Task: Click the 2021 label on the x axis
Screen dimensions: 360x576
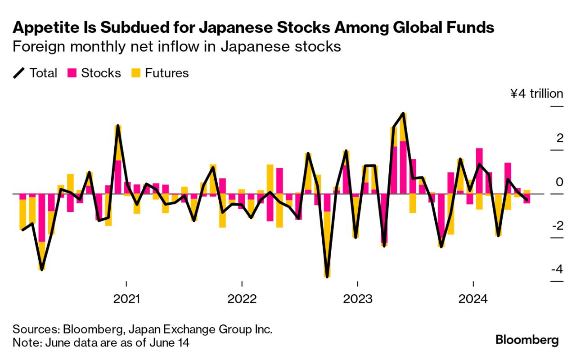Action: (x=126, y=299)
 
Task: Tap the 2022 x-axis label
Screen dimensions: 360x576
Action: (x=242, y=299)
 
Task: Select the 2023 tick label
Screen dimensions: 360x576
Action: (x=357, y=299)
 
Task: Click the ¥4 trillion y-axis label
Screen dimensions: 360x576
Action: (x=536, y=94)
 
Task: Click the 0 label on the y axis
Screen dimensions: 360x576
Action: (x=559, y=182)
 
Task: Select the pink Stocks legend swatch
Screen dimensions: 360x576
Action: (x=72, y=73)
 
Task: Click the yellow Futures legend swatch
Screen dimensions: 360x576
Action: (x=136, y=73)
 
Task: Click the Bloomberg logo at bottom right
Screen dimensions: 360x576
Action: (x=527, y=340)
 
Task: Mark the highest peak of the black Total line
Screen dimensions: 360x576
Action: (x=403, y=113)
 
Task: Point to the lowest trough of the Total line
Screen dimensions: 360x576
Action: (x=327, y=277)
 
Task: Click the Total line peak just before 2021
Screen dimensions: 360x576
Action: (x=118, y=126)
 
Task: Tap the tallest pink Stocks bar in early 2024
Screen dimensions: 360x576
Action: (x=479, y=171)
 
